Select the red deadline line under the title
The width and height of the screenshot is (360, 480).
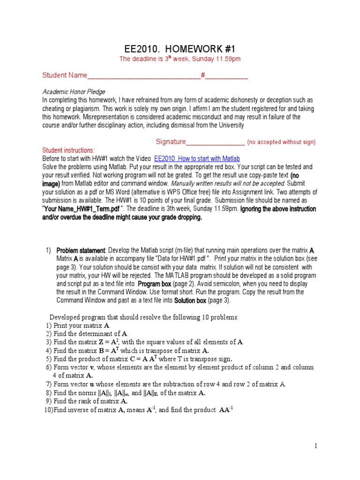180,59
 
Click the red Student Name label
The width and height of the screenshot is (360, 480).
65,75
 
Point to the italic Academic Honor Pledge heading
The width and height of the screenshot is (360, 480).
74,92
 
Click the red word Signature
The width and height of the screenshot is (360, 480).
171,142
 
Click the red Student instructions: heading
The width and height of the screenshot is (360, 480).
68,150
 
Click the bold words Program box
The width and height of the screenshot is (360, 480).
154,284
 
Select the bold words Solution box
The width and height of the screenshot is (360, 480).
191,301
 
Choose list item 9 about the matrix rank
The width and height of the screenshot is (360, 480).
87,401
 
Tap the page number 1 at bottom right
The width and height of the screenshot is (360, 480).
316,446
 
